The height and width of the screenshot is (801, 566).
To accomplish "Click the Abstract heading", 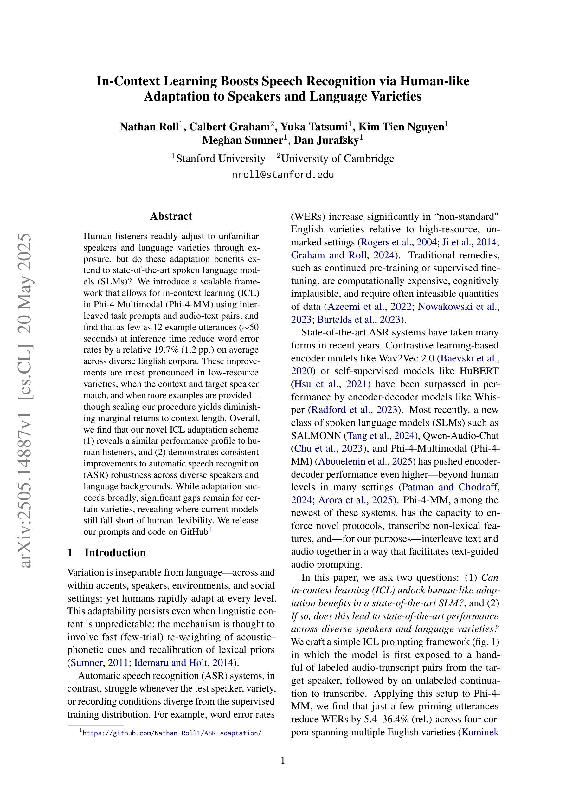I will tap(171, 216).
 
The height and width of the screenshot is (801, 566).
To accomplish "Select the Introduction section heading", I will tap(115, 553).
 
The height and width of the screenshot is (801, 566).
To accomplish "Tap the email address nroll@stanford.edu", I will tap(283, 175).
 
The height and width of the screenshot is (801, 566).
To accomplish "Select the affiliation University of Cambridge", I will tap(338, 159).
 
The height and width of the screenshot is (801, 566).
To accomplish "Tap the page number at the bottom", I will tap(283, 760).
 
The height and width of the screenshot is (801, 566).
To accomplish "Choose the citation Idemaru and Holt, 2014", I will tap(183, 662).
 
